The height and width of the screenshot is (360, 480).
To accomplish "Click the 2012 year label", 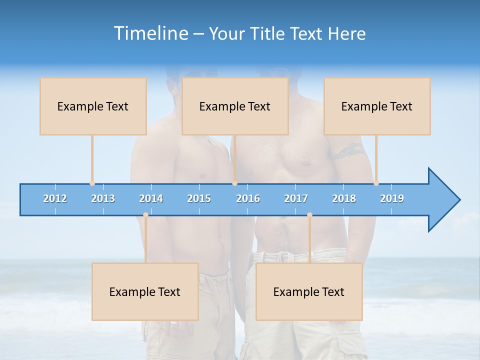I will [55, 198].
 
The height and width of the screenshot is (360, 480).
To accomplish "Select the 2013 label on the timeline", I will [103, 198].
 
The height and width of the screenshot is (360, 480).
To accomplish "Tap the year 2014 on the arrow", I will [151, 198].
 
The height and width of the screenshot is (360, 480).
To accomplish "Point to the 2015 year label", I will [199, 198].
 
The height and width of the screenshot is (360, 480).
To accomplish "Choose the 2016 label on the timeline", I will [248, 198].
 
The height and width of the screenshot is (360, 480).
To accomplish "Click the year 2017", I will [296, 198].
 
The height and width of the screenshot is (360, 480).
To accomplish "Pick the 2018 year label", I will [344, 198].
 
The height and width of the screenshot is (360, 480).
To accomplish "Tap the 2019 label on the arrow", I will [392, 198].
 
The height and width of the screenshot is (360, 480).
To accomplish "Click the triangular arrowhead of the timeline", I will [443, 200].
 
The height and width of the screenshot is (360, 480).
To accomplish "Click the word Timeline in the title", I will [150, 33].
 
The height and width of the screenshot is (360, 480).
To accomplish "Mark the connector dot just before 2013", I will [92, 183].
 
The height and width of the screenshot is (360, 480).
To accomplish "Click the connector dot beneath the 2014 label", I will [145, 215].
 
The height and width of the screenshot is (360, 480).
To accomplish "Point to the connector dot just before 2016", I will [234, 183].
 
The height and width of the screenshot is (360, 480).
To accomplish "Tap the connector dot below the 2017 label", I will [309, 215].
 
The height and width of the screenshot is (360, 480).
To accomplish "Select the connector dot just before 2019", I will [376, 183].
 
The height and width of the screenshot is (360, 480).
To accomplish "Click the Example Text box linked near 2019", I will [377, 106].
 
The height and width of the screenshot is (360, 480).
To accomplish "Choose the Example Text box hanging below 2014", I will [145, 291].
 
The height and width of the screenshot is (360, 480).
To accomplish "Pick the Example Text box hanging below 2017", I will [309, 291].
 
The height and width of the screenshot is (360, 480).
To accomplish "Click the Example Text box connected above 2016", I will [235, 106].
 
